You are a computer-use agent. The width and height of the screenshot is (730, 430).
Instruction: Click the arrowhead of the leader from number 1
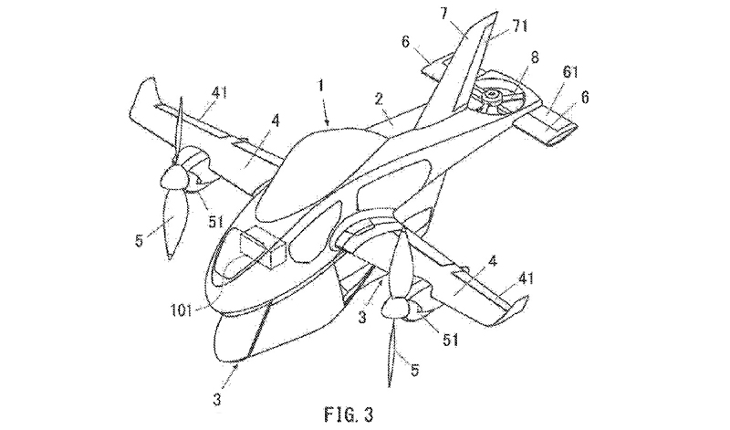click(x=328, y=121)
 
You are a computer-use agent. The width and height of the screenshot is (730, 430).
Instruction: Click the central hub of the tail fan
click(x=492, y=94)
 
